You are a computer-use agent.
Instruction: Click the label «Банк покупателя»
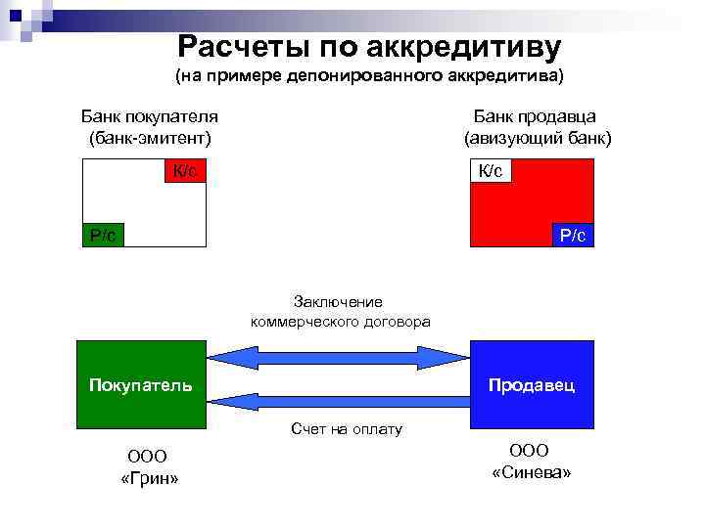tap(149, 116)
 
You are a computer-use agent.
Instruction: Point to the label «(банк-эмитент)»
tap(149, 138)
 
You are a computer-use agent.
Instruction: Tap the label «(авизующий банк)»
tap(538, 138)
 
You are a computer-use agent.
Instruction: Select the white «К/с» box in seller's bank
tap(491, 171)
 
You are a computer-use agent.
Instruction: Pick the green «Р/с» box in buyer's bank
tap(103, 235)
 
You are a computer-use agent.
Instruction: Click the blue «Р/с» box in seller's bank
tap(573, 235)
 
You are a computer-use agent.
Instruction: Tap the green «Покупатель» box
tap(141, 384)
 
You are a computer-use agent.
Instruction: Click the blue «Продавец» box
tap(532, 384)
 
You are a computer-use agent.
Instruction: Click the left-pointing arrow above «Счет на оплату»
tap(340, 399)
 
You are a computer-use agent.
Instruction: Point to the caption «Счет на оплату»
tap(346, 429)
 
